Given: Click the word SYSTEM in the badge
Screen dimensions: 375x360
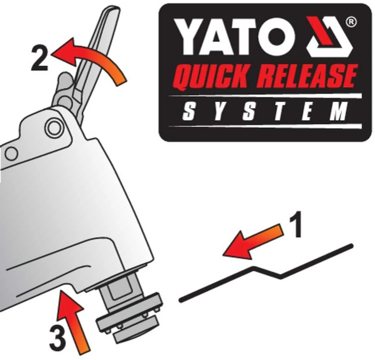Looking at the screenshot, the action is (x=265, y=112).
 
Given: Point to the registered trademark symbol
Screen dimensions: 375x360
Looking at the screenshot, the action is (x=351, y=22).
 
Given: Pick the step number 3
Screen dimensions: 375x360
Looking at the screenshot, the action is (x=57, y=338).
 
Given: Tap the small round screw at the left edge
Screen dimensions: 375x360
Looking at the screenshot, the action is (x=11, y=154).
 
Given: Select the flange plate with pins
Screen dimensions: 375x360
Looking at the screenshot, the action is (x=129, y=313).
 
